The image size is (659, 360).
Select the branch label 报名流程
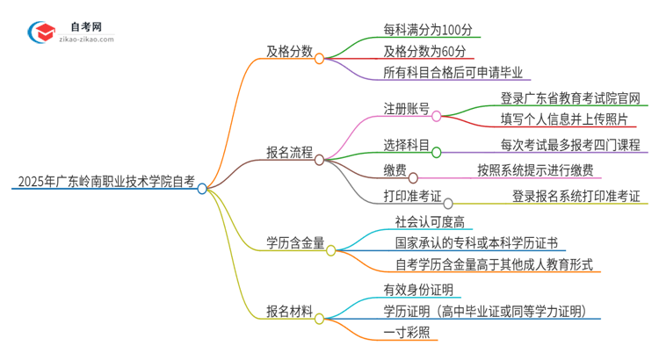[290, 153]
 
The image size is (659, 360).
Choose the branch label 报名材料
[290, 310]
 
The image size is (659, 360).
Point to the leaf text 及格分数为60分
[424, 51]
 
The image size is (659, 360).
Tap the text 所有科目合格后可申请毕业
[457, 73]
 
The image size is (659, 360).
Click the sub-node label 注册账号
[405, 109]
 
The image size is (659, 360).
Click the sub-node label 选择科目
[405, 145]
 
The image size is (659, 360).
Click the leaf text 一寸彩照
[406, 332]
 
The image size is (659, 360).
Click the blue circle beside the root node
[202, 188]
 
